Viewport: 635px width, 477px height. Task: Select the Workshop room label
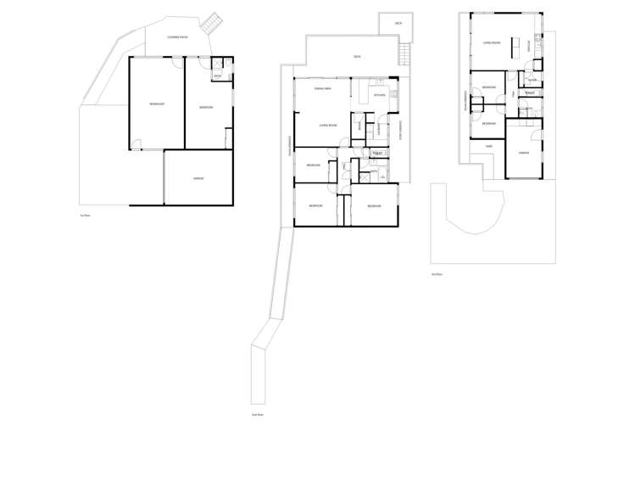coord(157,104)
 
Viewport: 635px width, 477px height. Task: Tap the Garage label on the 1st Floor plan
coord(198,178)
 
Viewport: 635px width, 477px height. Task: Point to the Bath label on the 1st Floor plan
coord(218,76)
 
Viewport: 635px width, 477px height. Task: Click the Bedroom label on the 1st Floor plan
coord(206,107)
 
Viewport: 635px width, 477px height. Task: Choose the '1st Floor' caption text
coord(83,216)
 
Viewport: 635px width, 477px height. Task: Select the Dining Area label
coord(321,88)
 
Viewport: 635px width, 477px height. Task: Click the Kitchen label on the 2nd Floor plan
coord(379,95)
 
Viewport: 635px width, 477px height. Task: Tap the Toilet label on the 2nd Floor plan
coord(377,154)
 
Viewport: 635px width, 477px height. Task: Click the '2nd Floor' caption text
coord(258,414)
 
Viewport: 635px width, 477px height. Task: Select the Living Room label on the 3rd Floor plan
coord(492,42)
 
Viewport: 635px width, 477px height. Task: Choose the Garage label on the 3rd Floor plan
coord(524,153)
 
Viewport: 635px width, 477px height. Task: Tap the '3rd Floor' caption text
coord(437,274)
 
